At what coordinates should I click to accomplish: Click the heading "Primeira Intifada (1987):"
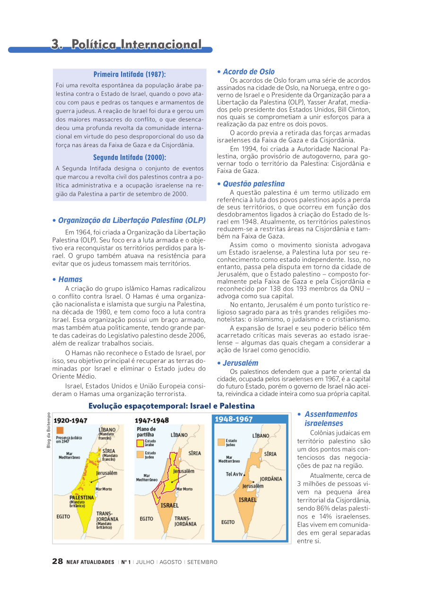(x=130, y=74)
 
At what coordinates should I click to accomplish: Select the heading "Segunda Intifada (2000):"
(x=130, y=157)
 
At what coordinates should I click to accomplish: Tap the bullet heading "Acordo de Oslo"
(x=248, y=72)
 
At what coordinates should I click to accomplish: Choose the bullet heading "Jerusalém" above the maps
(x=240, y=363)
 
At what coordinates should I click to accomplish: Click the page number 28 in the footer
(x=57, y=561)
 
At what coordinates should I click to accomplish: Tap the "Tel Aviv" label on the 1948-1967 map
(x=235, y=474)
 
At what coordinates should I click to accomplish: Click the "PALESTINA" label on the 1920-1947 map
(x=82, y=498)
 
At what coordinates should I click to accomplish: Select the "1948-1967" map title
(x=234, y=419)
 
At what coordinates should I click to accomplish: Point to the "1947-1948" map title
(x=152, y=420)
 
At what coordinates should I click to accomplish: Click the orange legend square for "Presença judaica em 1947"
(x=60, y=430)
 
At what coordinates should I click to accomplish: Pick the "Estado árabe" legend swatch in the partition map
(x=140, y=443)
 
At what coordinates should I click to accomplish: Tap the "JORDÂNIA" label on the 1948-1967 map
(x=271, y=479)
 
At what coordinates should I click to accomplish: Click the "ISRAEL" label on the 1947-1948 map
(x=170, y=505)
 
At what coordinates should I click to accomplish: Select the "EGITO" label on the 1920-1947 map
(x=63, y=517)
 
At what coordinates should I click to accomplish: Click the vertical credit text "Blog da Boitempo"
(x=48, y=431)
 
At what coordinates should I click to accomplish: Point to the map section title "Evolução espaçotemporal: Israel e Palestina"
(x=171, y=406)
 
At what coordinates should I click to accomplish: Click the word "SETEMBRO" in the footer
(x=202, y=562)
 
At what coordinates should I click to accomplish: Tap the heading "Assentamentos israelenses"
(x=331, y=419)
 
